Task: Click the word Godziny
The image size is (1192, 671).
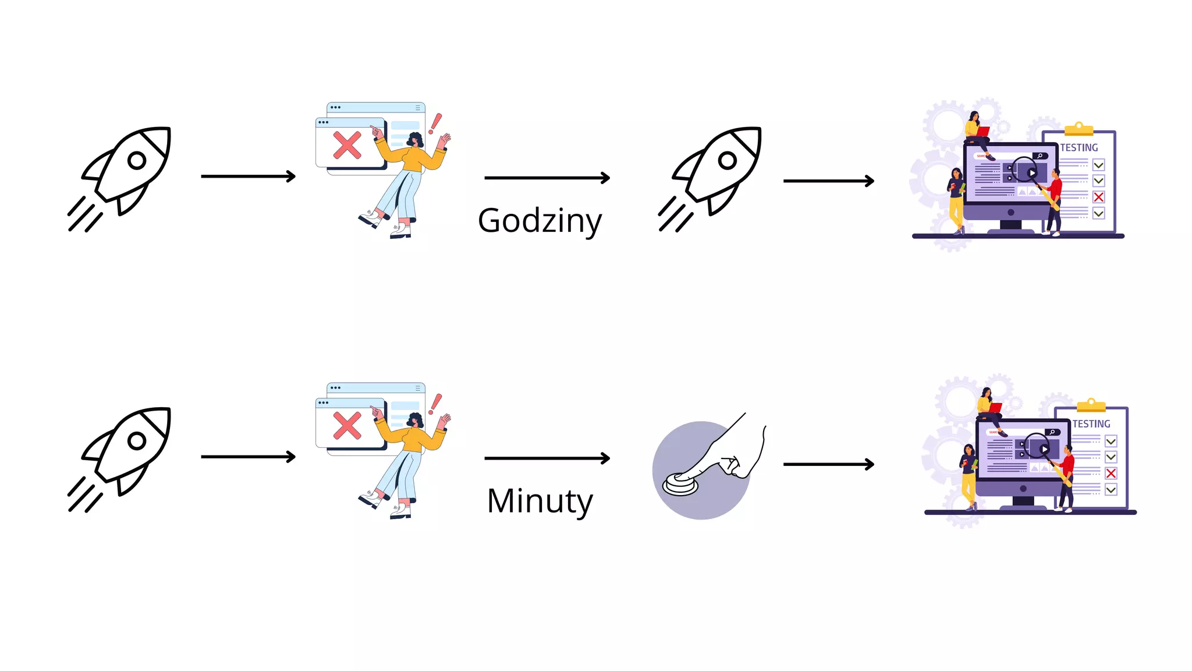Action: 540,221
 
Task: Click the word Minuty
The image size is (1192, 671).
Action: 540,501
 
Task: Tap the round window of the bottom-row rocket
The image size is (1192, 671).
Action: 137,441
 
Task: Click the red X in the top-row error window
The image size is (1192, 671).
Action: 347,145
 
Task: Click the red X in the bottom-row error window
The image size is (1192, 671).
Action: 347,426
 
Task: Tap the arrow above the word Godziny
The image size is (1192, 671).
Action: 547,178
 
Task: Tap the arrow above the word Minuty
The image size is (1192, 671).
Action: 547,458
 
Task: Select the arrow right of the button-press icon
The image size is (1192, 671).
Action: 829,464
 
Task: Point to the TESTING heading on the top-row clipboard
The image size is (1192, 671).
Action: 1079,148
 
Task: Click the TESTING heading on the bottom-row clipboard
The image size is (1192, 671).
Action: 1091,424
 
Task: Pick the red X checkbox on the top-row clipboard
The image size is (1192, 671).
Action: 1098,197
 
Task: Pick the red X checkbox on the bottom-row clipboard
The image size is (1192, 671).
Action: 1111,474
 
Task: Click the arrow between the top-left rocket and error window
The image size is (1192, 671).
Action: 249,176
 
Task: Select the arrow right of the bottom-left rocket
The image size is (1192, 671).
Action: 249,457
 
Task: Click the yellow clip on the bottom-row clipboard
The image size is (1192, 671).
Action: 1091,405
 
